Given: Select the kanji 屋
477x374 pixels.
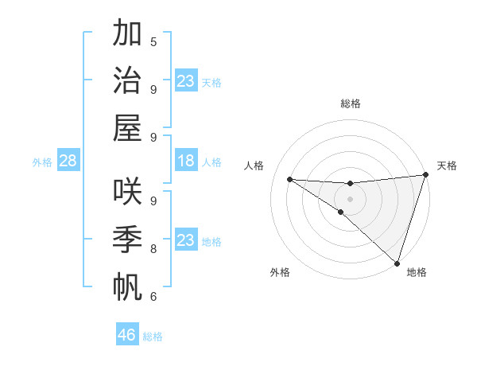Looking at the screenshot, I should (126, 127).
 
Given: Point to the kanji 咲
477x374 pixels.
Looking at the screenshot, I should (126, 191).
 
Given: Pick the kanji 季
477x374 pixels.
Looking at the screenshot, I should (126, 239).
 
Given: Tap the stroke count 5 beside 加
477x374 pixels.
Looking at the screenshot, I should (153, 41).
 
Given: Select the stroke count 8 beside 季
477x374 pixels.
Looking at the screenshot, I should (153, 248).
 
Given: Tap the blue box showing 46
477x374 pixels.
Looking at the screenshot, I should (127, 335).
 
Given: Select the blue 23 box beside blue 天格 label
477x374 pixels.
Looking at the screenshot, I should (185, 81).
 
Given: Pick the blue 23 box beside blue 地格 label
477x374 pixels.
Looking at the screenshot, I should (185, 240).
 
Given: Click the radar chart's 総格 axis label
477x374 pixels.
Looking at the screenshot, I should (350, 103).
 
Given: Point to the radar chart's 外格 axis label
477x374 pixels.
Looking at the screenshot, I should (280, 272).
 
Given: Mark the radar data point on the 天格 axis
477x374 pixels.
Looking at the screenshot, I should (425, 175).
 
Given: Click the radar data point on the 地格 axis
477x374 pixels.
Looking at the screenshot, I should (397, 263).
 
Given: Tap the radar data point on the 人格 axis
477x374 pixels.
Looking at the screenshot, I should (289, 179).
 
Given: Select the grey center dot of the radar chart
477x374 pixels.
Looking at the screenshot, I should (350, 198).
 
